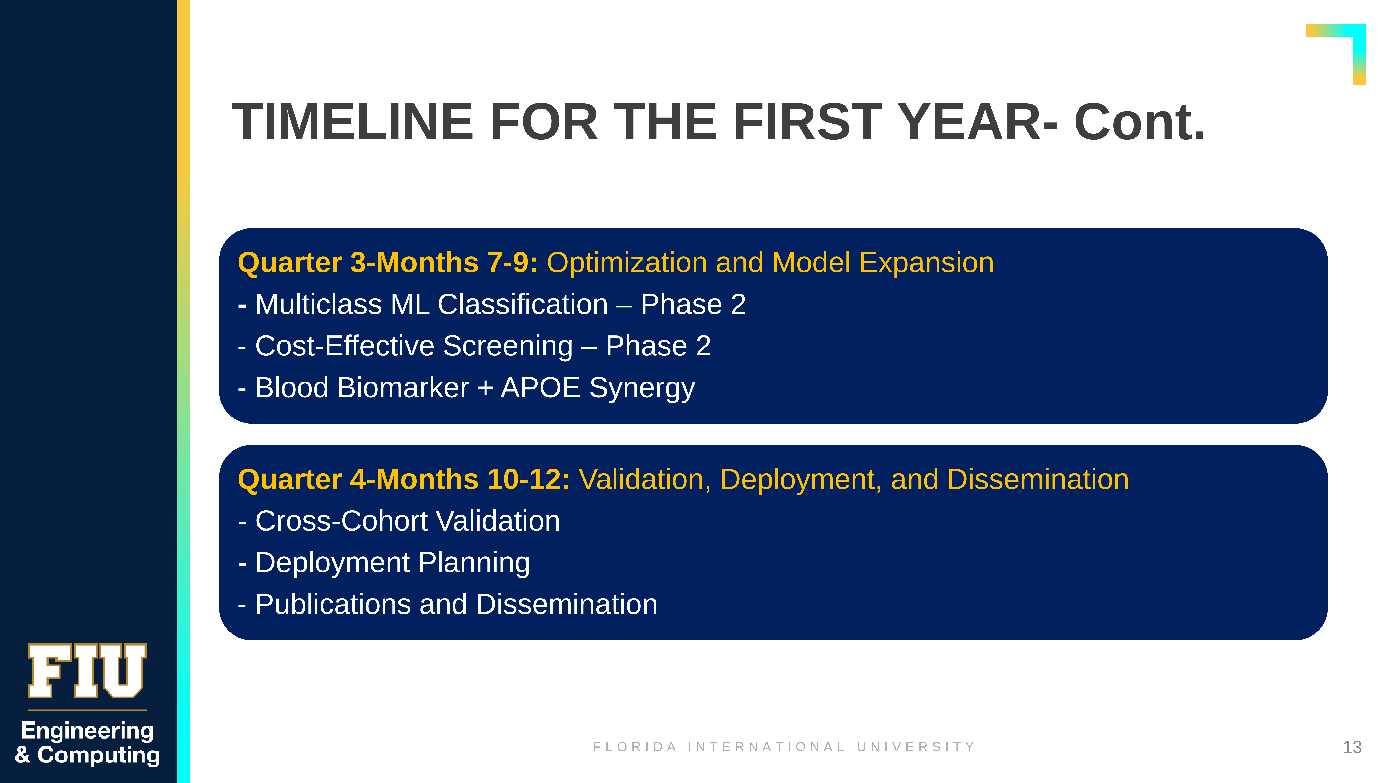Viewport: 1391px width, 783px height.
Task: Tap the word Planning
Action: coord(474,563)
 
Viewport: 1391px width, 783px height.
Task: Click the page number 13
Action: coord(1352,747)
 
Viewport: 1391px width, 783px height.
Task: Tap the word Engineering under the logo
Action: coord(87,731)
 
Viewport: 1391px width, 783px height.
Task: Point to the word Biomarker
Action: coord(403,388)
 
